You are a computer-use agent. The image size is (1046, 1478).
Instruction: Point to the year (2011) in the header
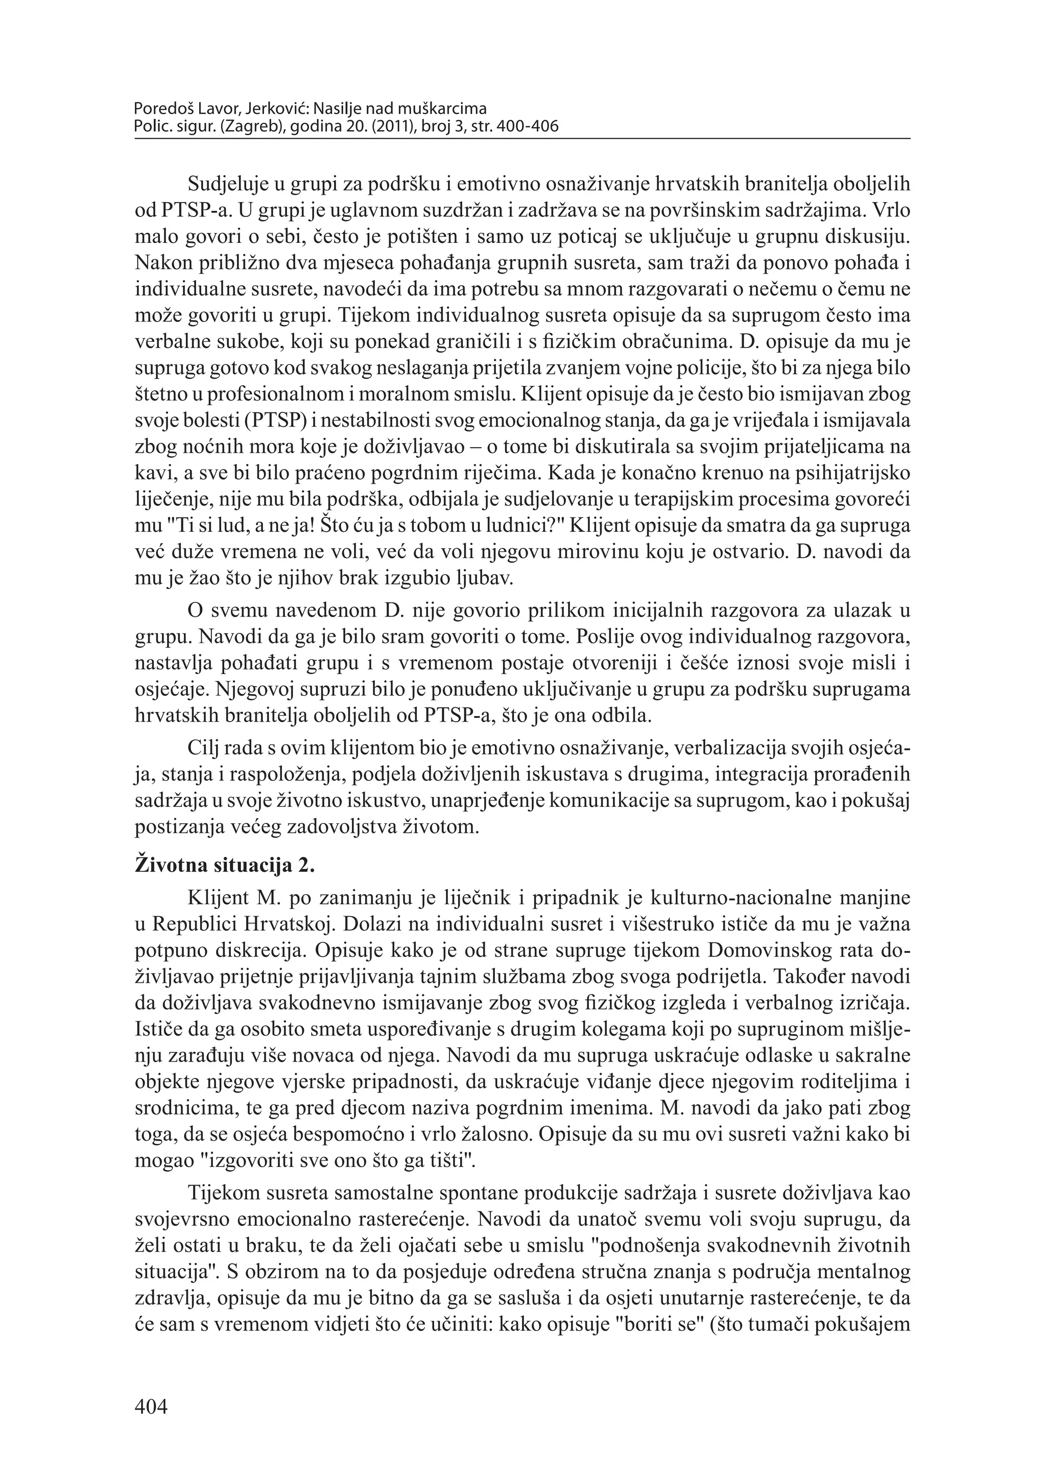pyautogui.click(x=412, y=127)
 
